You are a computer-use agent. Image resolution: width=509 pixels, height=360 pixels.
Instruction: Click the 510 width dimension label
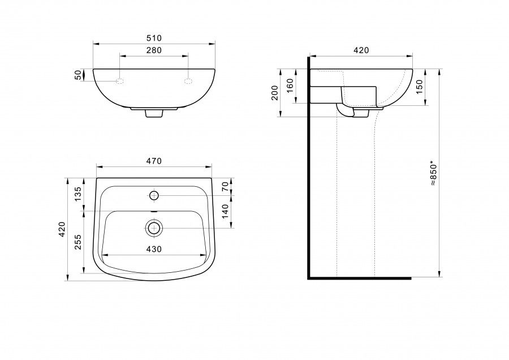[x=154, y=38]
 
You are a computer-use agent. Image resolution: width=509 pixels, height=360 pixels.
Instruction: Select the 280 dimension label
[x=154, y=50]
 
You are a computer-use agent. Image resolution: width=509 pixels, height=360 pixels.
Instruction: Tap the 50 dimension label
[x=78, y=75]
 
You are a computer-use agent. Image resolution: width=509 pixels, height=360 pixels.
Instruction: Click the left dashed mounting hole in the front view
[x=120, y=81]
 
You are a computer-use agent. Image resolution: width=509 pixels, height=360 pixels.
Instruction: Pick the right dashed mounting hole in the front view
[x=188, y=81]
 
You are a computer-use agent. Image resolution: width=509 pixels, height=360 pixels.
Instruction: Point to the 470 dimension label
[x=154, y=161]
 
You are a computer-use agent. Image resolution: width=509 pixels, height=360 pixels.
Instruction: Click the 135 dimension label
[x=78, y=194]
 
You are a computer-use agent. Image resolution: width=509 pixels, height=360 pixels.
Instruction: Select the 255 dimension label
[x=78, y=242]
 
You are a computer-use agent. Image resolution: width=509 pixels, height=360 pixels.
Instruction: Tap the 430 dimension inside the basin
[x=154, y=249]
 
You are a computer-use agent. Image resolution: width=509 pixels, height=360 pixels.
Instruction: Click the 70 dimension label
[x=225, y=187]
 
